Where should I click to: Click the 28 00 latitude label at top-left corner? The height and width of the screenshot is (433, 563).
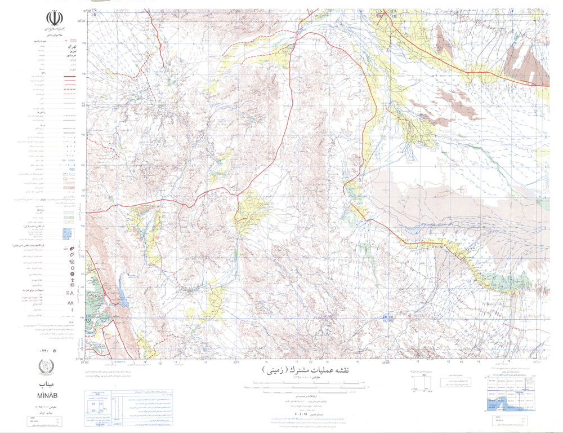[x=82, y=21]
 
